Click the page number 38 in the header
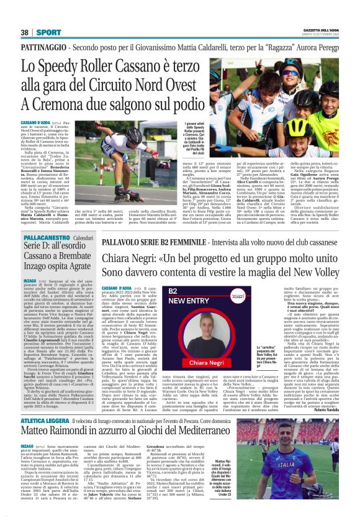point(25,32)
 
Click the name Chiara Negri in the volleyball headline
point(130,257)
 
